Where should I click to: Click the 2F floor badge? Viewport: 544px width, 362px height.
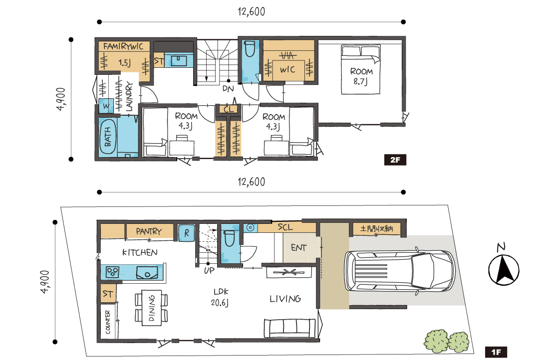tap(395, 160)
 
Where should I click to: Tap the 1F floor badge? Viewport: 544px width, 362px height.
tap(496, 353)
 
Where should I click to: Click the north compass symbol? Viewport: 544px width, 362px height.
tap(504, 267)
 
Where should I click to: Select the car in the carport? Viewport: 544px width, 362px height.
tap(399, 271)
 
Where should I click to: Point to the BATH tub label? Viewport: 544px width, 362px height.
tap(108, 137)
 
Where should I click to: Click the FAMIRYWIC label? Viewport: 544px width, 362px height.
tap(123, 46)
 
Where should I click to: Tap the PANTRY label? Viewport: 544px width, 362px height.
tap(149, 231)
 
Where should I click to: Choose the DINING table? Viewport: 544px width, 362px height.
tap(152, 308)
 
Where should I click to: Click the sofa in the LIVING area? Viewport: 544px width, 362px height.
tap(289, 328)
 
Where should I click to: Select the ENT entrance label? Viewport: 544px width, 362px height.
tap(299, 248)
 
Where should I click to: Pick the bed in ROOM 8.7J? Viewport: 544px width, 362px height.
tap(361, 69)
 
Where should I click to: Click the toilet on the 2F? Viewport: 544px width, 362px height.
tap(250, 49)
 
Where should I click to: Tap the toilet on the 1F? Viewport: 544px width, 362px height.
tap(229, 238)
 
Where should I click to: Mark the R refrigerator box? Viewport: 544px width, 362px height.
tap(187, 233)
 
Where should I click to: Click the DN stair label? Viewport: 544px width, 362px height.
tap(228, 89)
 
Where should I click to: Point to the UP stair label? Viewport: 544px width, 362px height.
tap(209, 270)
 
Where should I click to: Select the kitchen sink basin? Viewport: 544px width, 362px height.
tap(147, 272)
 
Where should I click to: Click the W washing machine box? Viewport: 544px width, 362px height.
tap(106, 106)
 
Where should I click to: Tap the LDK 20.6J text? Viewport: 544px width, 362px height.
tap(220, 297)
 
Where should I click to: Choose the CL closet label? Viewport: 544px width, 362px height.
tap(229, 110)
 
